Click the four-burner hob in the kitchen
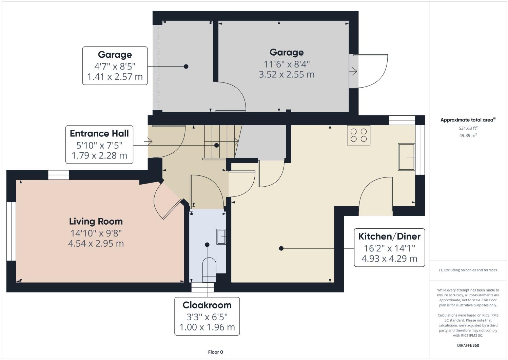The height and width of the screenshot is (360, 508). point(358,135)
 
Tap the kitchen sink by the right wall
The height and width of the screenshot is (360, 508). point(406,157)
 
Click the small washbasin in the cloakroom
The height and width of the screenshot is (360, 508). point(221,236)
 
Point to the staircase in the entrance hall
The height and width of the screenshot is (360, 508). point(220,141)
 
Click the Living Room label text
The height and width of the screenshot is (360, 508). point(96,222)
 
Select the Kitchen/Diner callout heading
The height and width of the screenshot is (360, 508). point(389,236)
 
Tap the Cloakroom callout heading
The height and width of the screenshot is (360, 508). point(207,305)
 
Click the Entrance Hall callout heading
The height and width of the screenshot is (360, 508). point(99,133)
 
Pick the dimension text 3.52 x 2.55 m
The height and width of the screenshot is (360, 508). point(287,74)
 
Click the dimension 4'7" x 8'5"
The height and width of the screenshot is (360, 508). point(115,65)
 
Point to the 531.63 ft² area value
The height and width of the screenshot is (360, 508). point(468,128)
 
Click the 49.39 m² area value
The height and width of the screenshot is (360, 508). point(468,135)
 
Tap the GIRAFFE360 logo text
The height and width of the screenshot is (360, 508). point(468,345)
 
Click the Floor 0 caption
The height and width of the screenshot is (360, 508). point(215,352)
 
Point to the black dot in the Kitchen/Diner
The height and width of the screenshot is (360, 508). point(281,248)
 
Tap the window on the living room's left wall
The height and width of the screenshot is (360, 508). point(11,231)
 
